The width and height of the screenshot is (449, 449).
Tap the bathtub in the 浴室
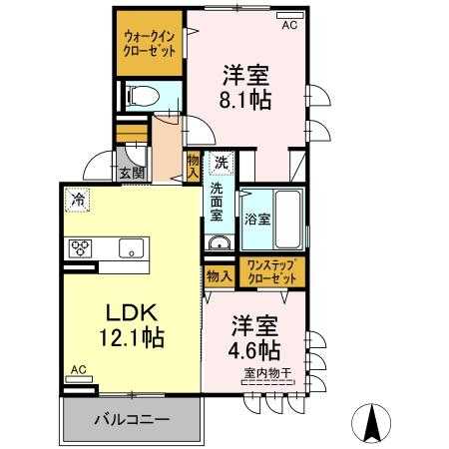click(288, 220)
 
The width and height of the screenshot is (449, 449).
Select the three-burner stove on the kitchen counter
click(80, 248)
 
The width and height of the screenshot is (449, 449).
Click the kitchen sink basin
click(132, 248)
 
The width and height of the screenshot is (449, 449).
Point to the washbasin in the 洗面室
click(220, 242)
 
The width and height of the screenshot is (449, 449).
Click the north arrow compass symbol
click(371, 423)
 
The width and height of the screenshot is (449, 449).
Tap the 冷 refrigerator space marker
click(78, 200)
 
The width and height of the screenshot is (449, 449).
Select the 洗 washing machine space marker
click(222, 163)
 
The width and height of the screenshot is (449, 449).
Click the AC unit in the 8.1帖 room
click(290, 15)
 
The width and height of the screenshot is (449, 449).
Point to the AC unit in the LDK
click(79, 379)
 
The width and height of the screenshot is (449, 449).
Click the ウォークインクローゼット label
click(149, 44)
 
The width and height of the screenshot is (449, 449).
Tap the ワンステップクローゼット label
click(272, 272)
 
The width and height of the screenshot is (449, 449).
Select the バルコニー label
click(132, 420)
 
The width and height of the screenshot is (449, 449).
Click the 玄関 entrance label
click(132, 173)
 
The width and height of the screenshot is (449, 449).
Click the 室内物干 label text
click(267, 373)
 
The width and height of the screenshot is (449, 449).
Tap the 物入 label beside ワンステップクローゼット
click(219, 275)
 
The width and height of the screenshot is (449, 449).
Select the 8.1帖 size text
click(245, 100)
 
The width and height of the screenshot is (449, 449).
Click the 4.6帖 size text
click(254, 350)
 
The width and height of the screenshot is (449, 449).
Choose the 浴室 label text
click(257, 220)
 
